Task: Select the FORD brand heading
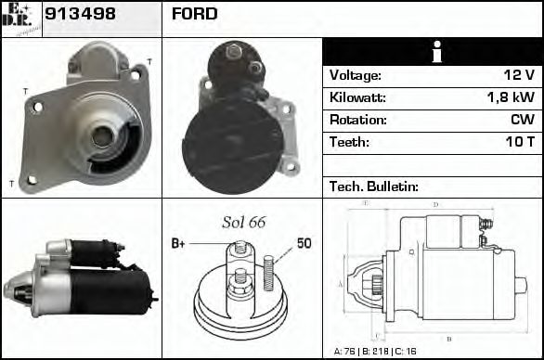(195, 14)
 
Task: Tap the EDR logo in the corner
(20, 18)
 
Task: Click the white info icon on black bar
(432, 52)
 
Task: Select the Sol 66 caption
(243, 222)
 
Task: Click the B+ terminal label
(178, 244)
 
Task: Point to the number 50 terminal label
(304, 244)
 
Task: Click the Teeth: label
(349, 143)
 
